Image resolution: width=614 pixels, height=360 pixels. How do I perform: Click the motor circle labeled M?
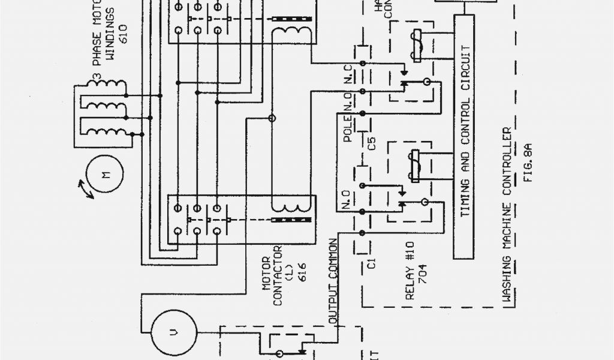click(105, 176)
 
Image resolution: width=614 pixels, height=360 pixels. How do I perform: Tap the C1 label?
click(372, 262)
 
